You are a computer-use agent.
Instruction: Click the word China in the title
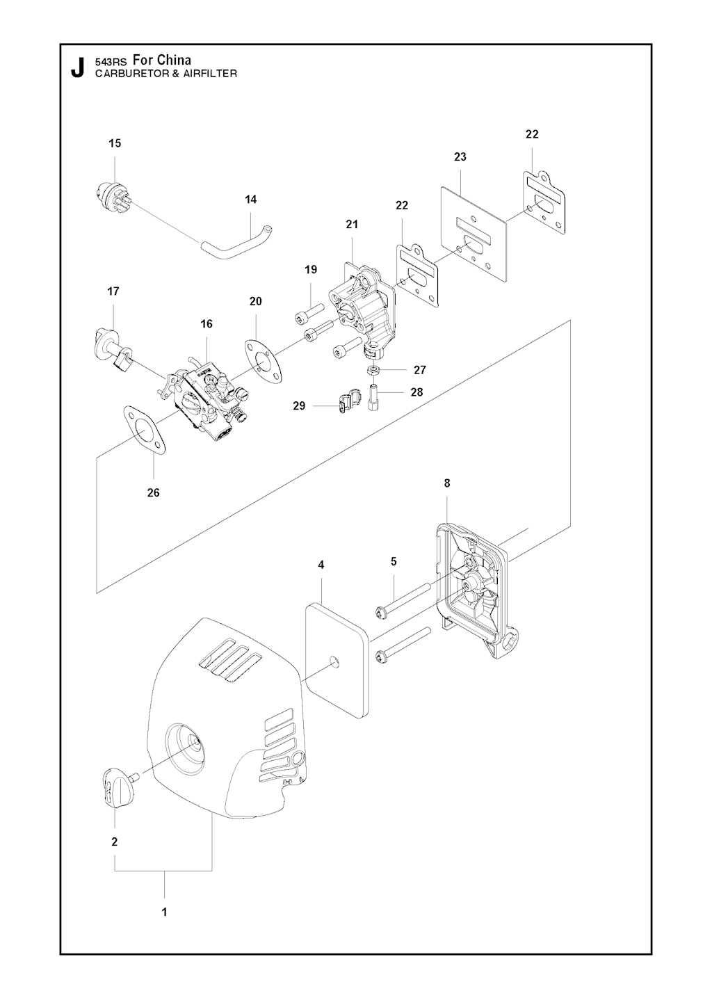pos(175,60)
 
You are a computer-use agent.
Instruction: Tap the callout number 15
pos(115,143)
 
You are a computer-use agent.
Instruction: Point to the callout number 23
pos(460,157)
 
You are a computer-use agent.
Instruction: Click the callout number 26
pos(153,493)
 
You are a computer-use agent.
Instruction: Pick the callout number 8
pos(447,483)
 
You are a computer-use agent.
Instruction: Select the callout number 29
pos(300,406)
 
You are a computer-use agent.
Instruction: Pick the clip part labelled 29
pos(347,401)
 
